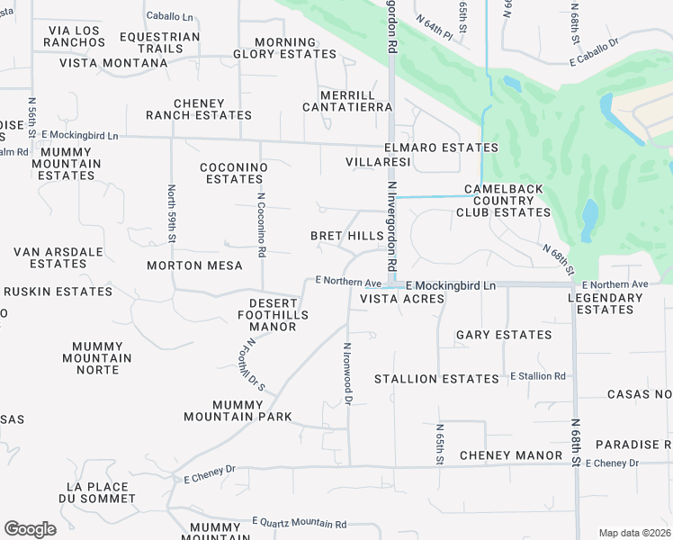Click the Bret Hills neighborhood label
[x=346, y=236]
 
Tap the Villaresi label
[x=378, y=162]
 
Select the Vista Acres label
[x=402, y=299]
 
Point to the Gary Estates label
[x=504, y=335]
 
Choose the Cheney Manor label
[x=511, y=455]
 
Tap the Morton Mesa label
[x=195, y=265]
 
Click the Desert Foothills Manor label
[x=273, y=315]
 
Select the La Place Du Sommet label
[x=97, y=492]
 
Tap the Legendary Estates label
[x=605, y=303]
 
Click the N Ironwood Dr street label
[x=347, y=373]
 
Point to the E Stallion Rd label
[x=538, y=376]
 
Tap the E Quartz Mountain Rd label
[x=300, y=523]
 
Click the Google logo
[x=30, y=529]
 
